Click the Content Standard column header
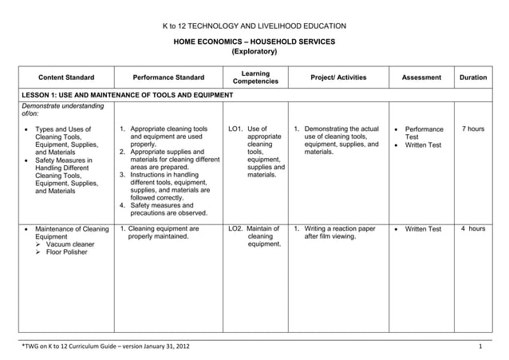click(x=66, y=78)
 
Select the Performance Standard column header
click(x=168, y=78)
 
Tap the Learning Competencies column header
click(x=254, y=77)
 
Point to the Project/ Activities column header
click(x=337, y=78)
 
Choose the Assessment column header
click(x=421, y=78)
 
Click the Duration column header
click(x=473, y=78)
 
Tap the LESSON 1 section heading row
click(x=128, y=96)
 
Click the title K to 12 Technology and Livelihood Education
click(x=254, y=26)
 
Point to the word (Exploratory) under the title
click(x=254, y=52)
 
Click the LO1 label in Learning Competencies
click(x=235, y=129)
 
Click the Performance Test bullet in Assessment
click(x=423, y=133)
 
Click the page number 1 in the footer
click(x=480, y=346)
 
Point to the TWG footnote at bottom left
click(x=105, y=346)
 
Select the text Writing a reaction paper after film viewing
click(x=340, y=233)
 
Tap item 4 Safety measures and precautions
click(x=168, y=209)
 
